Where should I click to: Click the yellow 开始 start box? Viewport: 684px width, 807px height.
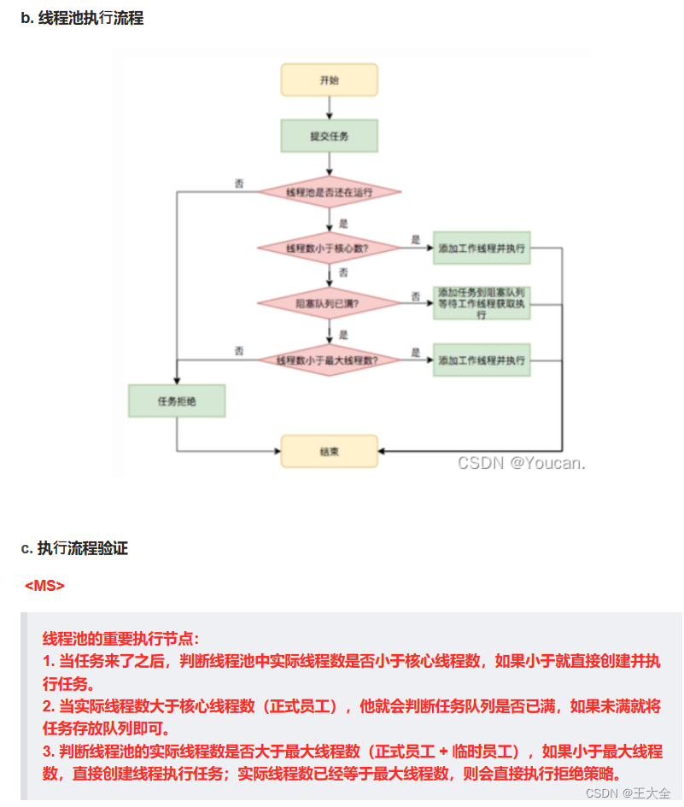click(x=329, y=80)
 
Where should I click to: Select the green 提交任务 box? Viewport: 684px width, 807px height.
click(x=329, y=136)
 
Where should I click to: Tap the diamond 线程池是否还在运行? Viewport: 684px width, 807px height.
click(x=329, y=191)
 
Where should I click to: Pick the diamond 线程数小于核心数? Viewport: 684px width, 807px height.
click(x=329, y=249)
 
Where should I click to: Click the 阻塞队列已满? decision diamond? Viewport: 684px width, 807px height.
click(x=329, y=303)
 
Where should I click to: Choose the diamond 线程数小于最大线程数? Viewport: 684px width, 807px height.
click(x=329, y=360)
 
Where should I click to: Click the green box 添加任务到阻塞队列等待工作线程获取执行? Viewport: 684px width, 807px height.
click(x=482, y=303)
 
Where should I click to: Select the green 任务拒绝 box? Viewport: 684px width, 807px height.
click(x=177, y=401)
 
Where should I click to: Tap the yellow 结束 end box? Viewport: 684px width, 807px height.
click(x=329, y=451)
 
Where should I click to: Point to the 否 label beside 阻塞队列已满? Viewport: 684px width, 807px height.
click(x=416, y=296)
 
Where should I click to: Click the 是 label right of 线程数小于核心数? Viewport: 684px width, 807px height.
click(x=416, y=240)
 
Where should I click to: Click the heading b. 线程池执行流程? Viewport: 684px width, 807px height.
click(x=82, y=18)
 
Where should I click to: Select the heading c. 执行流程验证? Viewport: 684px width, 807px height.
click(x=74, y=548)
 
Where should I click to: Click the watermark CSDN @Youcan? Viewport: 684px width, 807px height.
click(x=521, y=463)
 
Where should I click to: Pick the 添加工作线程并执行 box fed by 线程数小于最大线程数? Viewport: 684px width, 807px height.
click(x=482, y=360)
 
